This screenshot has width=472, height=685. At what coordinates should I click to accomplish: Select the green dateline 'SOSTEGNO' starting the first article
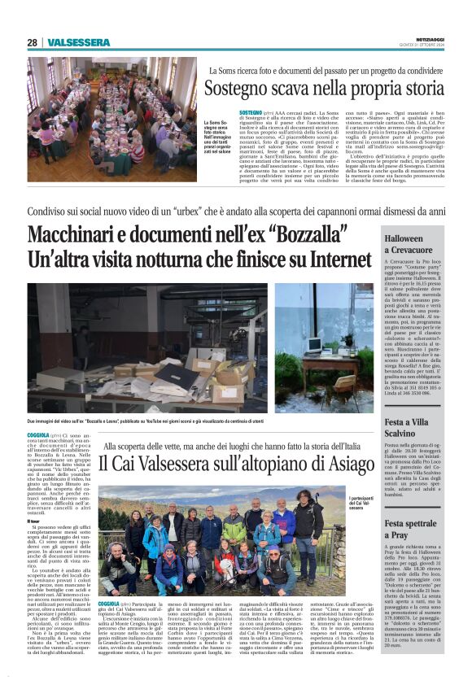click(251, 109)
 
